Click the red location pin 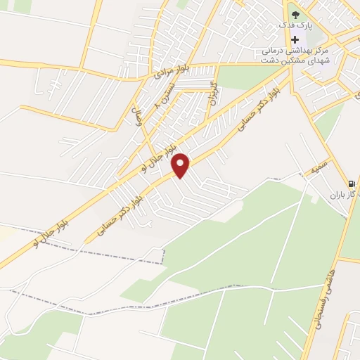[181, 165]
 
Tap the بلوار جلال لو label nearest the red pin [153, 157]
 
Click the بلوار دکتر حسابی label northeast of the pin [249, 114]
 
